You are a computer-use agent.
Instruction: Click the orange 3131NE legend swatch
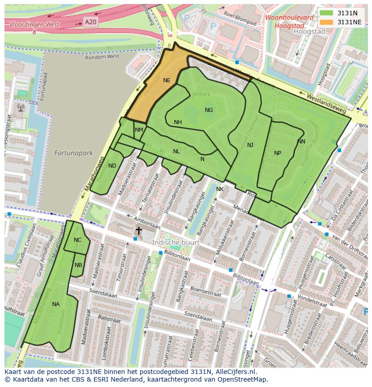[327, 22]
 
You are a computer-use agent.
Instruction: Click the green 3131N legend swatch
[327, 13]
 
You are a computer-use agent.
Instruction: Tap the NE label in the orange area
[167, 80]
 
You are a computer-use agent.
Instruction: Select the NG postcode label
[209, 110]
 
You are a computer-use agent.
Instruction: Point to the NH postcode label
[178, 122]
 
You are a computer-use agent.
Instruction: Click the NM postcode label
[139, 130]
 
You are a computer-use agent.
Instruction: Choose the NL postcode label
[177, 151]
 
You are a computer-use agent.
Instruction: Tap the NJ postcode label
[250, 145]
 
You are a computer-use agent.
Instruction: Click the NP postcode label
[278, 153]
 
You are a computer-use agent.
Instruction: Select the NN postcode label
[301, 142]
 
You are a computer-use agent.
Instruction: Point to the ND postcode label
[112, 166]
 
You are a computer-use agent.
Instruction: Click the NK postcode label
[220, 189]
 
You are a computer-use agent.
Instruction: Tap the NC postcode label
[78, 240]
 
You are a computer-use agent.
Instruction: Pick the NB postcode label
[78, 265]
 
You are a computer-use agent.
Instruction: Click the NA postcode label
[56, 304]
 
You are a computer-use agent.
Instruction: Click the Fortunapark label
[73, 153]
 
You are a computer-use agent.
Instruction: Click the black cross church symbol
[139, 231]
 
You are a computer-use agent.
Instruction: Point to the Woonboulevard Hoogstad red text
[289, 22]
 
